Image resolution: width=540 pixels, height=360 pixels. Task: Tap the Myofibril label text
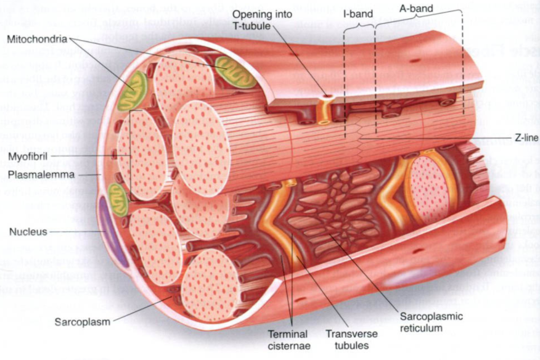28,157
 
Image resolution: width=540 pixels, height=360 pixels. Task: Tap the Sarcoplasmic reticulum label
431,322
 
